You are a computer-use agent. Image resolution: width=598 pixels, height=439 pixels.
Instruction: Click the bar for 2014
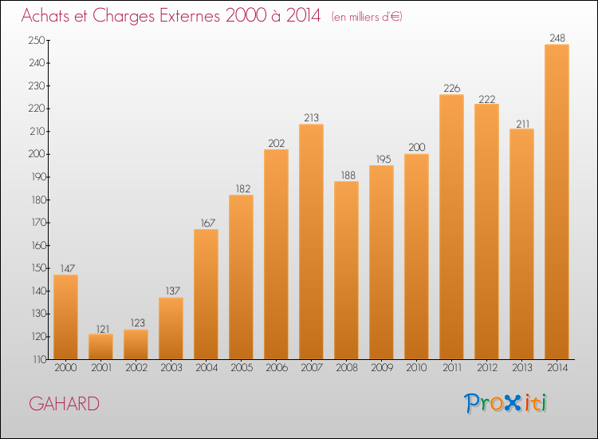557,201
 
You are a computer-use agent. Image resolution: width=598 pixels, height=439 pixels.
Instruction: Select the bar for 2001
100,346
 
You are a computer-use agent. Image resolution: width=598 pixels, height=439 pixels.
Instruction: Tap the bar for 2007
311,241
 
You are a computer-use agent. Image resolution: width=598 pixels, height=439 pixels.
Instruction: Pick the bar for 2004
206,294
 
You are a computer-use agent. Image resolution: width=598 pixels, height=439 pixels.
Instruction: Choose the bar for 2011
451,227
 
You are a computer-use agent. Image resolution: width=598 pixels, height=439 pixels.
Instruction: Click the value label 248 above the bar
557,38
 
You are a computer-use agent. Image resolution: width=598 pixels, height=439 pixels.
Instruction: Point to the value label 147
65,268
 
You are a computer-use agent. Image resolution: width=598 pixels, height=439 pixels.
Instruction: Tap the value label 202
276,143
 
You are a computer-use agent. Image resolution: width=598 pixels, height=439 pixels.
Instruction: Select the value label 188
346,175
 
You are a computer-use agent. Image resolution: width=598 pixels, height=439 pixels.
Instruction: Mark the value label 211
521,122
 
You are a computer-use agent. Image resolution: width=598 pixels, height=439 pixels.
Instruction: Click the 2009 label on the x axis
381,369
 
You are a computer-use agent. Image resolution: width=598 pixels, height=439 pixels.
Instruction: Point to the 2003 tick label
171,369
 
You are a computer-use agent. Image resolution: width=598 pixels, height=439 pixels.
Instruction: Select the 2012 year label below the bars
486,369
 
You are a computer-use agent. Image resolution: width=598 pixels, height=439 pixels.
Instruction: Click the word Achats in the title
49,16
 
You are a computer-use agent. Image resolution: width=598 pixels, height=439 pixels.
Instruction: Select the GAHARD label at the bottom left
64,404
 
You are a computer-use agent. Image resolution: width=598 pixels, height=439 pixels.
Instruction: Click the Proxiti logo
506,403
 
